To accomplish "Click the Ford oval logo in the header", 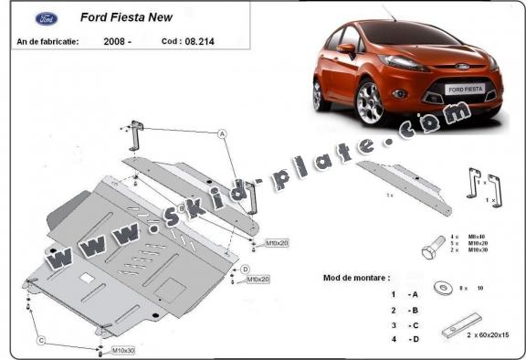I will (x=46, y=17).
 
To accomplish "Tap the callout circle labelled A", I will (x=222, y=133).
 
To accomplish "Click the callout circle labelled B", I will (x=181, y=209).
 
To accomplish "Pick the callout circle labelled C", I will (x=40, y=341).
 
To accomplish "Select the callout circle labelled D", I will (x=246, y=268).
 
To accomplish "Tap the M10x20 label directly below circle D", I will (x=257, y=280).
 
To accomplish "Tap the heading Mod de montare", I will (x=356, y=276).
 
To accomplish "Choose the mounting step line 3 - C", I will (x=405, y=324).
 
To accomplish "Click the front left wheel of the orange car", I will (x=370, y=101).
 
